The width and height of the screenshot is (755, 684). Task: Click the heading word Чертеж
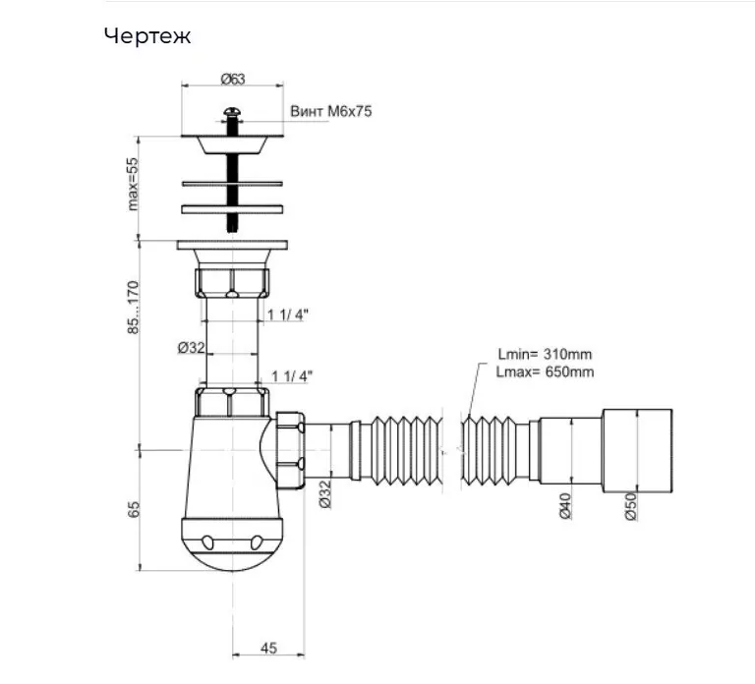tap(147, 36)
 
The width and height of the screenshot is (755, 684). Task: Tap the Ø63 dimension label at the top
tap(233, 79)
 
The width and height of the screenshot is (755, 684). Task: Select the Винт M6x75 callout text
tap(330, 111)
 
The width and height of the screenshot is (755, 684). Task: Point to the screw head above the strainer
tap(233, 113)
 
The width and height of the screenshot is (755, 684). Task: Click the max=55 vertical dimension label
tap(133, 184)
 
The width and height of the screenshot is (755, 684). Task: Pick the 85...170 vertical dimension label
tap(133, 308)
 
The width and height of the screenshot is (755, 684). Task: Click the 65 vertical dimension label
tap(134, 509)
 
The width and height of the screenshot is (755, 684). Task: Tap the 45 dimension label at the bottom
tap(268, 648)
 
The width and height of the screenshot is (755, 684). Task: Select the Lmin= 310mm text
tap(545, 354)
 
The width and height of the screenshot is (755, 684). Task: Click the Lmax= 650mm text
tap(545, 372)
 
